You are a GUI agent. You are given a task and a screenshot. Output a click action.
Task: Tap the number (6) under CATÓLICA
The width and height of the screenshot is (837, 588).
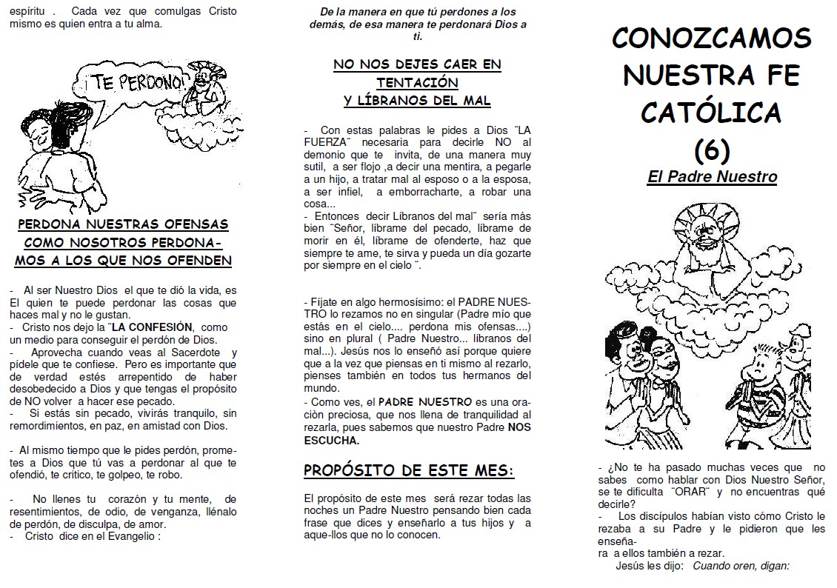coord(712,149)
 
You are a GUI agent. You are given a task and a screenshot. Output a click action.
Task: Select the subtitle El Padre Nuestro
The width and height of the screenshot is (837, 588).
coord(712,177)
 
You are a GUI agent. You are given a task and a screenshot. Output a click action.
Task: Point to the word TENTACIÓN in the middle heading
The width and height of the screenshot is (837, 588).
coord(417,82)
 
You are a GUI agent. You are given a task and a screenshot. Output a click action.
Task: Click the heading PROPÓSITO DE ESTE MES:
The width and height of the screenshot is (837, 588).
coord(409,470)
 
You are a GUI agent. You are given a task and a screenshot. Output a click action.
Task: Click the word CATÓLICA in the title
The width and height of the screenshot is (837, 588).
coord(711,113)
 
